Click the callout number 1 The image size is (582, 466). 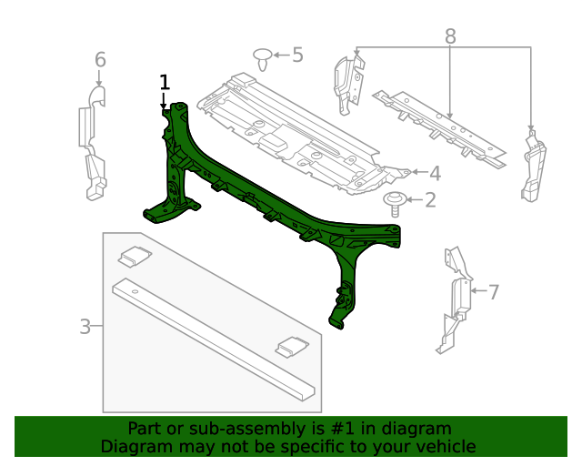click(165, 83)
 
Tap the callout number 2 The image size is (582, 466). click(430, 199)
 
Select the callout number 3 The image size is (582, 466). click(85, 326)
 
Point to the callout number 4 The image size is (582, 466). click(435, 173)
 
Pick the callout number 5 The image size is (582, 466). click(297, 55)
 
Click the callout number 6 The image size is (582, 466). click(100, 60)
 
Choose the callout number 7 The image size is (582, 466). click(494, 292)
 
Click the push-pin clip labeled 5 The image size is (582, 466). click(264, 60)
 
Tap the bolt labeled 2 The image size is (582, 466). click(396, 201)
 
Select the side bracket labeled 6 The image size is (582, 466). click(93, 141)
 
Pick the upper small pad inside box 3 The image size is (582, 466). click(135, 256)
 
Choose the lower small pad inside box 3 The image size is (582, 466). click(292, 346)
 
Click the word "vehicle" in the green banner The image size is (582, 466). click(441, 446)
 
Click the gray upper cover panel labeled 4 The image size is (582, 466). click(291, 127)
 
